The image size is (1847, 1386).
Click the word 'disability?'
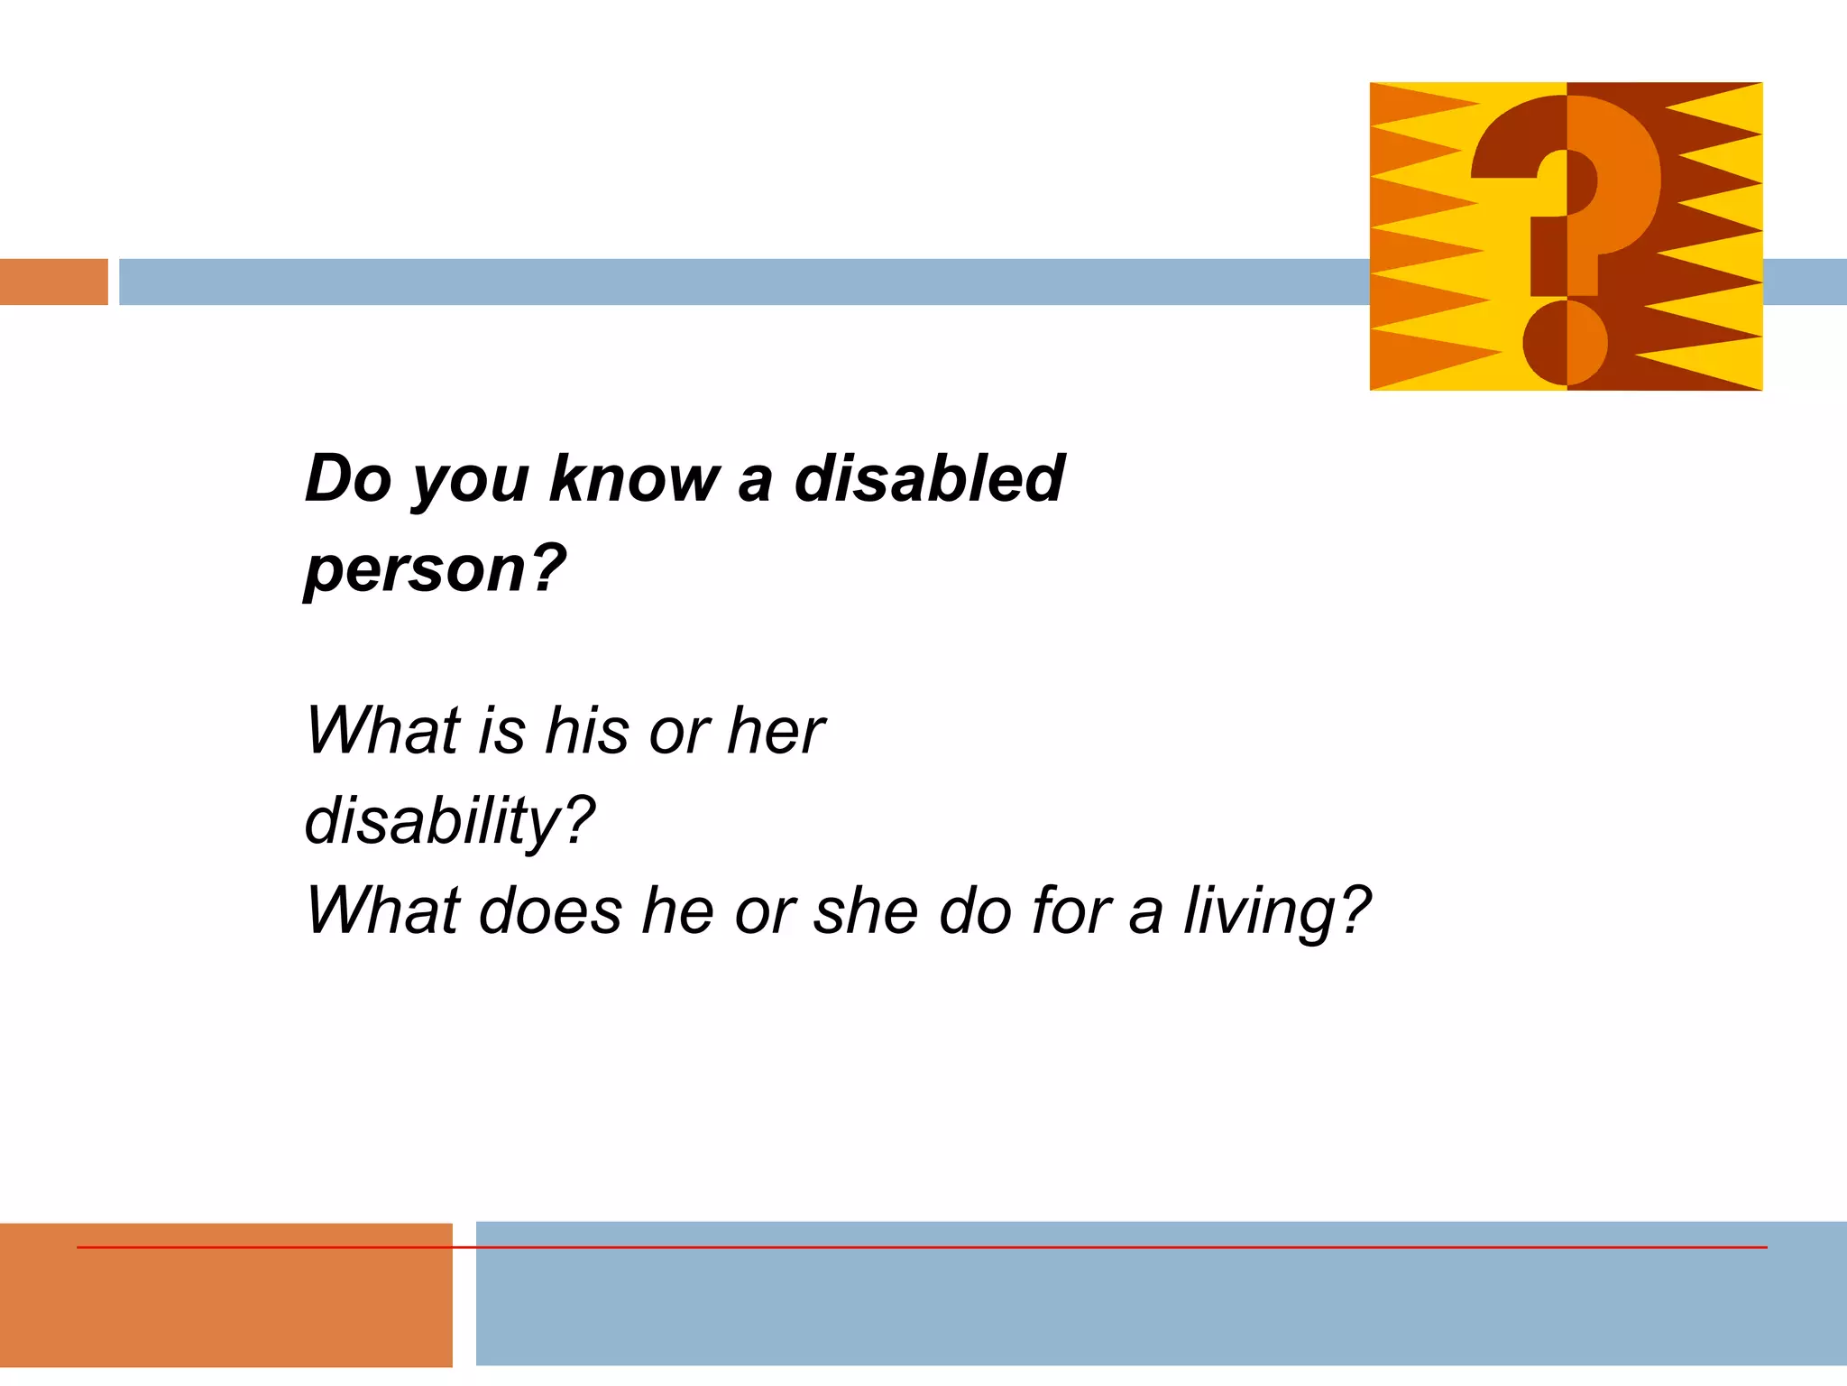pyautogui.click(x=449, y=821)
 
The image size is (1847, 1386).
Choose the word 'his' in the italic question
pyautogui.click(x=587, y=730)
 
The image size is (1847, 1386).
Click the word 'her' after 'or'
pyautogui.click(x=776, y=730)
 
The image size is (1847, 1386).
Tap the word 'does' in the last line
pyautogui.click(x=550, y=911)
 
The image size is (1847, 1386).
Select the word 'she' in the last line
pyautogui.click(x=867, y=911)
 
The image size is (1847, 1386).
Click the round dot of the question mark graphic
pyautogui.click(x=1566, y=343)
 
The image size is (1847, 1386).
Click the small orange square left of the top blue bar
pyautogui.click(x=53, y=282)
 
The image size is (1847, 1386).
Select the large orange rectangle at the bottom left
pyautogui.click(x=225, y=1308)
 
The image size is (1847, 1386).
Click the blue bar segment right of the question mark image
pyautogui.click(x=1805, y=282)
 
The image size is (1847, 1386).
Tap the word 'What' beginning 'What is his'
pyautogui.click(x=383, y=730)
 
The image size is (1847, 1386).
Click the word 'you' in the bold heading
pyautogui.click(x=471, y=479)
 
